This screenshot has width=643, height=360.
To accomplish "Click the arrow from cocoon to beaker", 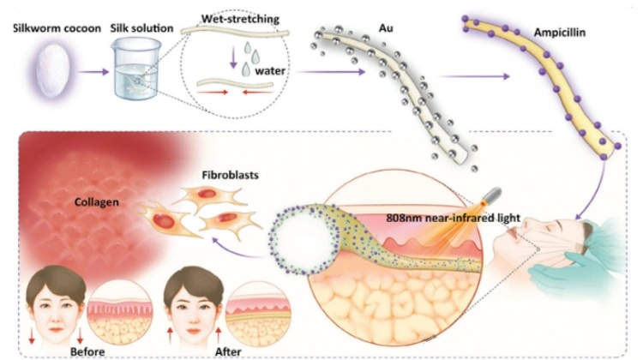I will pyautogui.click(x=90, y=72).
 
